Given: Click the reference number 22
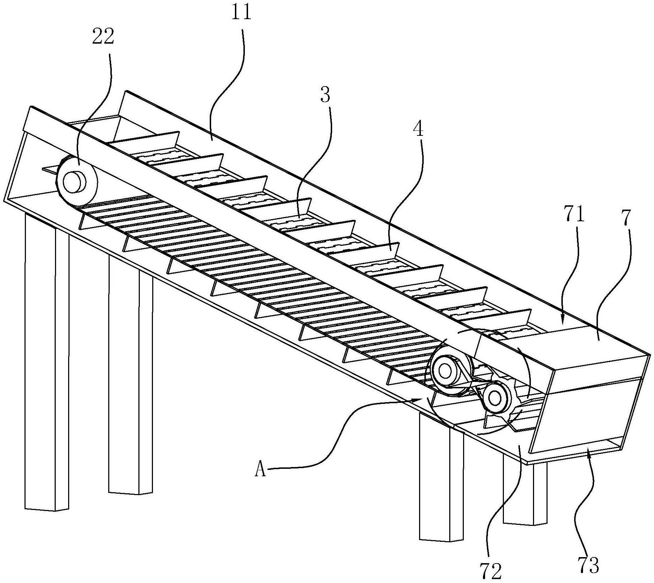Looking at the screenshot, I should click(x=103, y=37).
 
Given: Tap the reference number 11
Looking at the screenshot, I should click(x=242, y=12).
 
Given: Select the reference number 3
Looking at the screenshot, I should click(x=325, y=96).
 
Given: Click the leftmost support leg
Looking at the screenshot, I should click(x=46, y=362).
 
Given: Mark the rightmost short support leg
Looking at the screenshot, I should click(x=525, y=493).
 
